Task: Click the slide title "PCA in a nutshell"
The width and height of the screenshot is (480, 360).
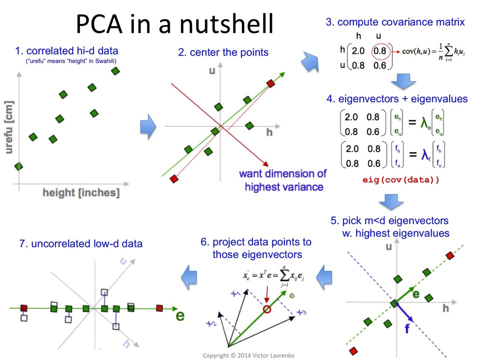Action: point(174,24)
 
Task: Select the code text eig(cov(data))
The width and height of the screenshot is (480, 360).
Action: point(401,179)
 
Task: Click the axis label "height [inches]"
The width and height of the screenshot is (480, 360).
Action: point(81,192)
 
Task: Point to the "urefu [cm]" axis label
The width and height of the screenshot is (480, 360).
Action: point(8,127)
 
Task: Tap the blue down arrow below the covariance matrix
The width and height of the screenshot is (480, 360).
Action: point(403,80)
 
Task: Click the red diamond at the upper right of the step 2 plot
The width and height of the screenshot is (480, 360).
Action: point(270,83)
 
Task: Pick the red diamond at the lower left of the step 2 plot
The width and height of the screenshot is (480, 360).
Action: point(174,178)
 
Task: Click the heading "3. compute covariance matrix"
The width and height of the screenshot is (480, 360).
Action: point(395,22)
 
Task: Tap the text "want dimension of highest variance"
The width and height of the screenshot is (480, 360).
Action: point(283,180)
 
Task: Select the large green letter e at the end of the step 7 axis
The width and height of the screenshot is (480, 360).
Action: point(180,316)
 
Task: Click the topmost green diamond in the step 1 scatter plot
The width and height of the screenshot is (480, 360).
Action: point(115,71)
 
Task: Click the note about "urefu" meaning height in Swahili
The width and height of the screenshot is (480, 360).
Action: point(75,61)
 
